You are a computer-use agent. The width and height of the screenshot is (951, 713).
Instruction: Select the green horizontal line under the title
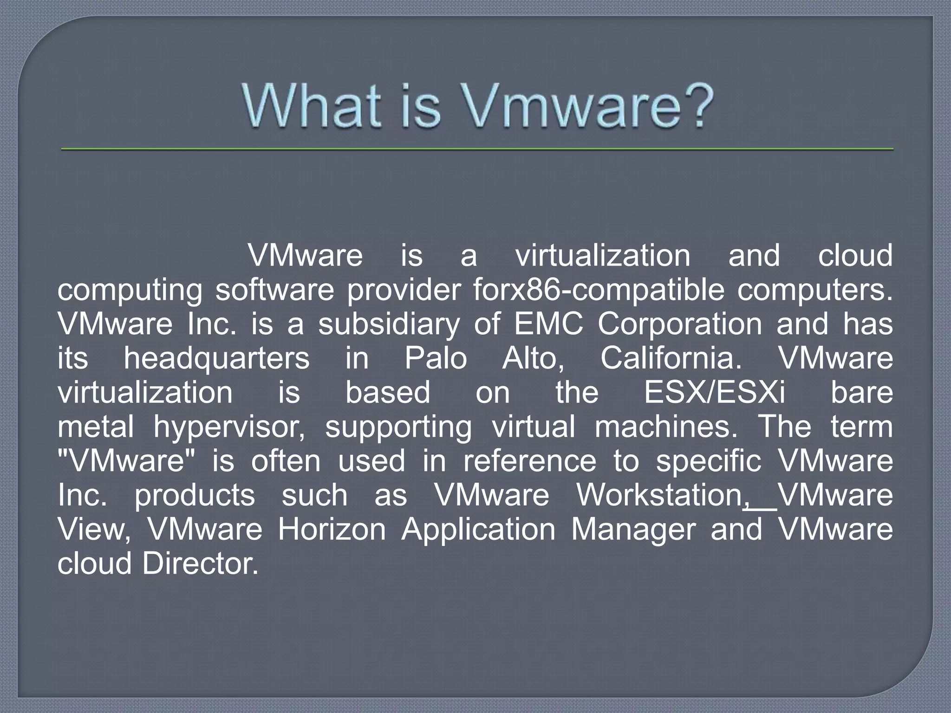(477, 149)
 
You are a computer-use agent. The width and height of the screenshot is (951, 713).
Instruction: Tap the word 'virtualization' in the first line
(603, 256)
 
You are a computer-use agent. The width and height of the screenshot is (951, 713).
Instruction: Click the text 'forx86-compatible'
(599, 290)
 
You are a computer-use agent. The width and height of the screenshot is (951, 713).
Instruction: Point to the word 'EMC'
(548, 324)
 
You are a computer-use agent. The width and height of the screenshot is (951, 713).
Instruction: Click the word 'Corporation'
(680, 324)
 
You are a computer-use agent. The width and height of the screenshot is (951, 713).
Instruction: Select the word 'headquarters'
(216, 358)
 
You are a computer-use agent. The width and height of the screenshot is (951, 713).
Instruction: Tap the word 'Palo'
(436, 358)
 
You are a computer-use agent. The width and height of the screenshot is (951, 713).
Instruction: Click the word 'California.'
(671, 358)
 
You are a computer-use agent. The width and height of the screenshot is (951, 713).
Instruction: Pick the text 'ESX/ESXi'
(714, 392)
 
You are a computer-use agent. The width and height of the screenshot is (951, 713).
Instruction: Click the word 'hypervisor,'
(229, 427)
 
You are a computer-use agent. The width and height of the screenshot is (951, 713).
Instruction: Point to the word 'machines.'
(666, 427)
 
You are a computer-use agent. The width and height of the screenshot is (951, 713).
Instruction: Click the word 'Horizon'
(332, 529)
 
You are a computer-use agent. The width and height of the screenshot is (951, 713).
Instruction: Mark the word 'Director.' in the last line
(200, 564)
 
